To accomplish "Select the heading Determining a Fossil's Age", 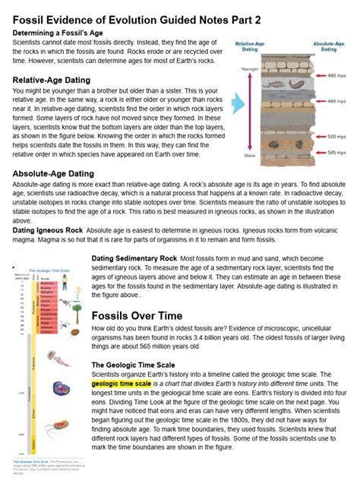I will coord(61,33).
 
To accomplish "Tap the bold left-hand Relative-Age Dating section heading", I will coord(52,80).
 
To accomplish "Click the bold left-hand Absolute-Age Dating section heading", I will coord(53,174).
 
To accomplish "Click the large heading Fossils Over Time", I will coord(144,316).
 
